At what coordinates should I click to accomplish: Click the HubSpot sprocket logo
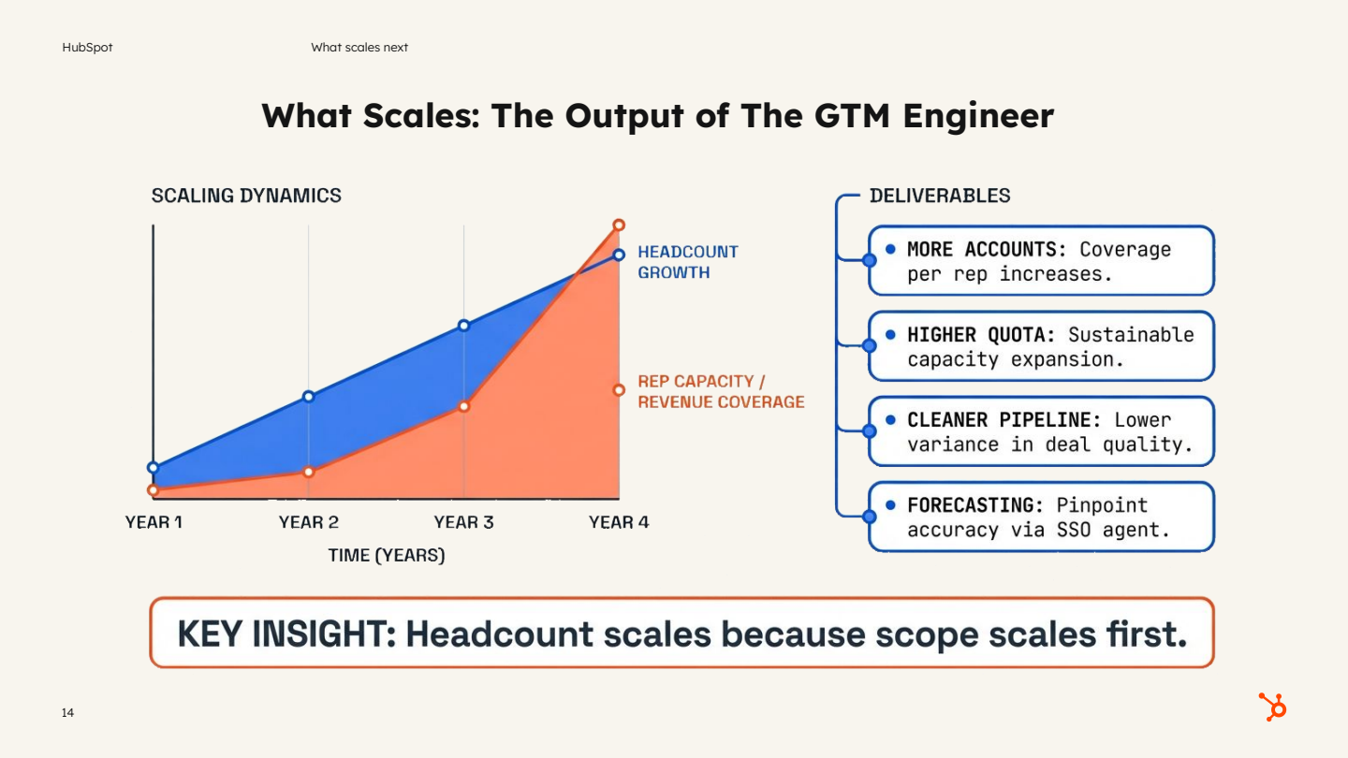click(1273, 707)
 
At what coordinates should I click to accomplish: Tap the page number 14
click(67, 713)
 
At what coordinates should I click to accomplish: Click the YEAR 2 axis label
click(308, 522)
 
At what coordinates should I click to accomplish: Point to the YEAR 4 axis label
click(618, 522)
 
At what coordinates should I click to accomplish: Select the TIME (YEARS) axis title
click(386, 555)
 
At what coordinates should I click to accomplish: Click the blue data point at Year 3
click(463, 326)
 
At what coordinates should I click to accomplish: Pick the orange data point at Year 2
click(308, 472)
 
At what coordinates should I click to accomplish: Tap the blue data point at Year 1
click(154, 467)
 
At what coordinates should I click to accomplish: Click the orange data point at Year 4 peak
click(619, 225)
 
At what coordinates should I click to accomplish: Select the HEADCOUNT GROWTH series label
click(687, 262)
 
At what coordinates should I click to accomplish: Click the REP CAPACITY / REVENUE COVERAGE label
click(720, 391)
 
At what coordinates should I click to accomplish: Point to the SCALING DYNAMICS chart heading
click(246, 196)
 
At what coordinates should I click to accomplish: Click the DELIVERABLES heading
click(940, 196)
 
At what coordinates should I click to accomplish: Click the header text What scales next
click(359, 47)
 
